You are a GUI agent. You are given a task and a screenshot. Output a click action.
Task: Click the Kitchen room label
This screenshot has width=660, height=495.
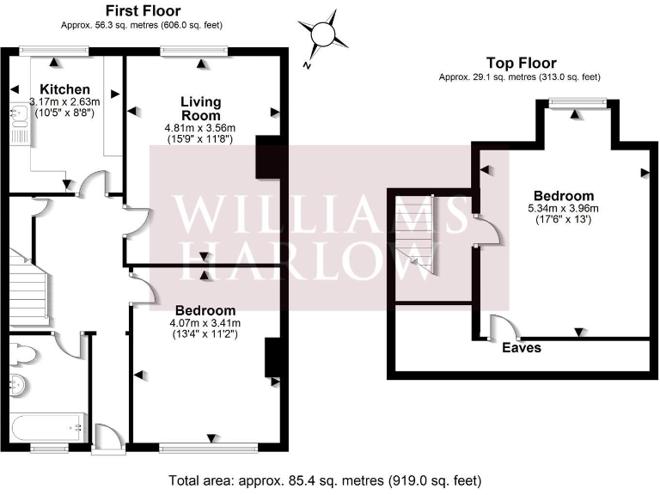pyautogui.click(x=64, y=89)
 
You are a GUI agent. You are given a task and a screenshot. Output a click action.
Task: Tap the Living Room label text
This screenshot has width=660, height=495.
pyautogui.click(x=199, y=108)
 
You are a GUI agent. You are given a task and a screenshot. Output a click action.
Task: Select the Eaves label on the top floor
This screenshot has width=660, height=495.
pyautogui.click(x=522, y=348)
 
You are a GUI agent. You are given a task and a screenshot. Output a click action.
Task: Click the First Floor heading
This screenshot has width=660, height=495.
pyautogui.click(x=143, y=11)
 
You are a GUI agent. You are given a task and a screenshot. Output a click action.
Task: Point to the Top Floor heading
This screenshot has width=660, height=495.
pyautogui.click(x=521, y=63)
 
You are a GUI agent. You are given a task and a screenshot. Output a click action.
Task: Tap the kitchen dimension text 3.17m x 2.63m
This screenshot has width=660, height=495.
pyautogui.click(x=64, y=101)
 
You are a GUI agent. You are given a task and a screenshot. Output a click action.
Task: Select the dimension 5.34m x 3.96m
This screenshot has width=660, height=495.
pyautogui.click(x=564, y=208)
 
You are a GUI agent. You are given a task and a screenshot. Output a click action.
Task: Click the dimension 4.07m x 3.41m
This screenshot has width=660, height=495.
pyautogui.click(x=205, y=323)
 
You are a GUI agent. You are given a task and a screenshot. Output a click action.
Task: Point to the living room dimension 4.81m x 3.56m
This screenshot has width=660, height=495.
pyautogui.click(x=199, y=128)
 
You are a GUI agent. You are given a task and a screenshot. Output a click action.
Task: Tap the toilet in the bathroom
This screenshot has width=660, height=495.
pyautogui.click(x=25, y=352)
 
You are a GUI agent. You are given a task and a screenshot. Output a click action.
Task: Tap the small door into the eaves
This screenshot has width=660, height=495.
pyautogui.click(x=500, y=328)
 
